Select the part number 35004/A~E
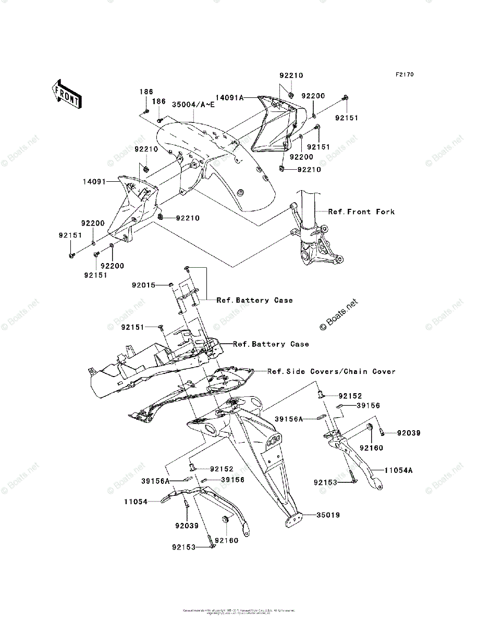[x=193, y=105]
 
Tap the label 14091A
[x=230, y=97]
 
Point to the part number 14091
[x=94, y=182]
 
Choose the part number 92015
[x=143, y=285]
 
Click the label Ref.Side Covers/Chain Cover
[x=332, y=371]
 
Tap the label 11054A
[x=399, y=470]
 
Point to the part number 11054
[x=136, y=502]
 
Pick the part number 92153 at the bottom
[x=183, y=547]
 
